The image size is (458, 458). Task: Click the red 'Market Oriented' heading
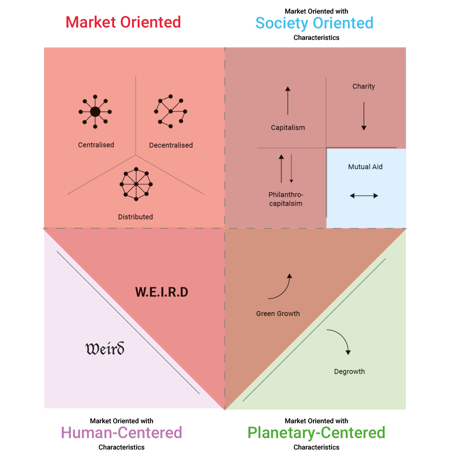pos(123,22)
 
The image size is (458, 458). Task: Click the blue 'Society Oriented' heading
pos(314,23)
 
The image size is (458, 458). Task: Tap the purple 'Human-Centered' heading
pos(122,433)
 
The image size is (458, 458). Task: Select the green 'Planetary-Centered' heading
pos(316,433)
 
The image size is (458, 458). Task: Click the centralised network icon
pos(95,112)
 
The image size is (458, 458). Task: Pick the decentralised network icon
pos(170,111)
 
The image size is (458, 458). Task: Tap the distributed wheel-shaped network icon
pos(136,184)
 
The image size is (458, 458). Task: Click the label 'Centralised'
pos(96,145)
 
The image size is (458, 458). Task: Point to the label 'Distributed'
pos(135,217)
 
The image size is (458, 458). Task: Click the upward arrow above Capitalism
pos(288,101)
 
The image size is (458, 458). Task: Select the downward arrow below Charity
pos(364,116)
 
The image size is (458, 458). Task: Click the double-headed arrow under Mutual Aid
pos(364,195)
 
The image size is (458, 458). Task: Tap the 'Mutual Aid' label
pos(365,167)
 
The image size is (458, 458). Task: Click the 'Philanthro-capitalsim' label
pos(285,199)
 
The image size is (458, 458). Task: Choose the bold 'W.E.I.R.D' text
pos(162,292)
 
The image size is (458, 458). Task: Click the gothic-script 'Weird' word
pos(105,349)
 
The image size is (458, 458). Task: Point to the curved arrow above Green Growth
pos(280,286)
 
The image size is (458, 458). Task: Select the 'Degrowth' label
pos(349,372)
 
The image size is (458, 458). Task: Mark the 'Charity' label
pos(363,87)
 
